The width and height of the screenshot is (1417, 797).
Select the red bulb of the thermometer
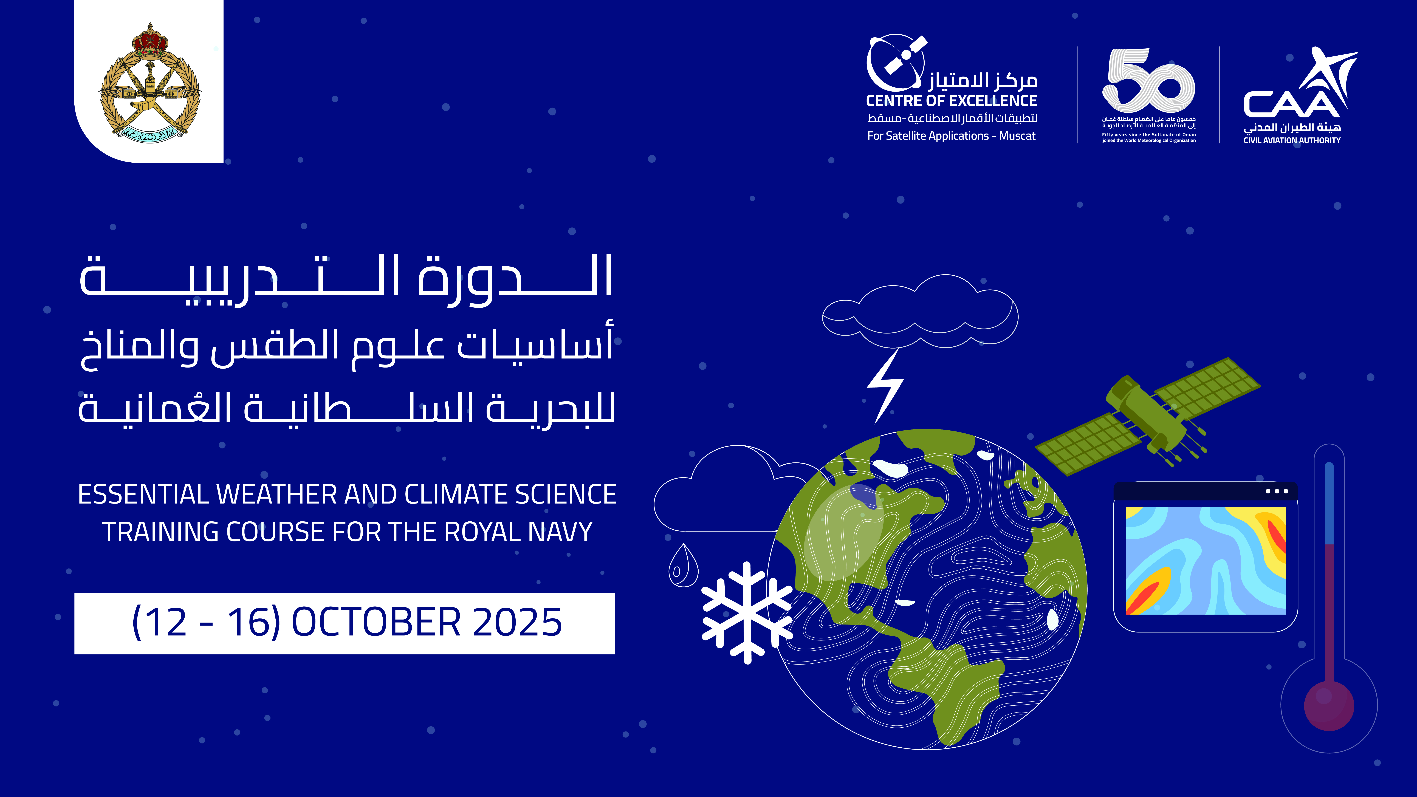pos(1329,706)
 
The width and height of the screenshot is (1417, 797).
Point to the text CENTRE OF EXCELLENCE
pos(952,101)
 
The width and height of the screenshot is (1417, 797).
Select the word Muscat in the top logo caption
pos(1017,136)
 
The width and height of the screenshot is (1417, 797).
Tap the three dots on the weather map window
pos(1277,491)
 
